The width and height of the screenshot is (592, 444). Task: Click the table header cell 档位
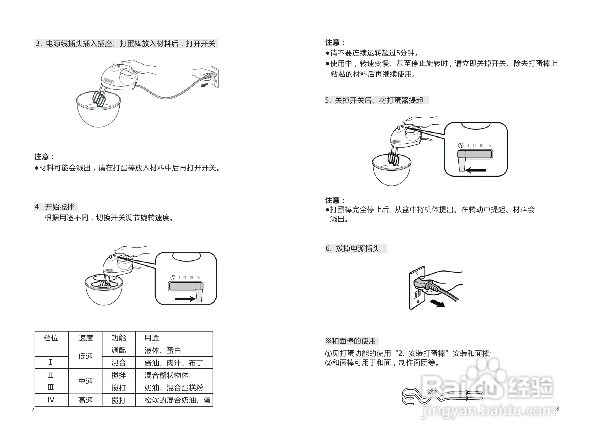pos(51,338)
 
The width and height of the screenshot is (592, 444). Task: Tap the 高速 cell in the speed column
pos(85,400)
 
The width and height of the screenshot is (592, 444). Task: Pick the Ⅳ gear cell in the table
pos(51,400)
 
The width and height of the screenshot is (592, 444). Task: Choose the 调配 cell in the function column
pos(118,350)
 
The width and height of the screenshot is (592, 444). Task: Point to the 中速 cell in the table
pos(85,381)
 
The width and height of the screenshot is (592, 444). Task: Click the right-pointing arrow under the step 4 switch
pos(184,299)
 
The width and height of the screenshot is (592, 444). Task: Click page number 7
pos(33,409)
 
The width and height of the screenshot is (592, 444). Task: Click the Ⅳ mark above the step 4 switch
pos(198,278)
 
